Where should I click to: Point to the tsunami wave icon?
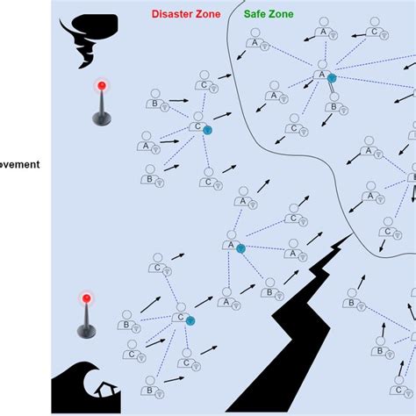point(79,387)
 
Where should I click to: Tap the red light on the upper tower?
point(102,86)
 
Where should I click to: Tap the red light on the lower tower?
point(86,298)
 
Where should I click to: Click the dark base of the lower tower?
point(86,331)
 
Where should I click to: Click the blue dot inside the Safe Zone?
point(332,79)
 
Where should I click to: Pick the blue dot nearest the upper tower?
point(207,129)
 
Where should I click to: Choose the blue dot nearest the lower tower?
point(189,321)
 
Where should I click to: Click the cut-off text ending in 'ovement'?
point(19,164)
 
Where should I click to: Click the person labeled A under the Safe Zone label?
point(255,39)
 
